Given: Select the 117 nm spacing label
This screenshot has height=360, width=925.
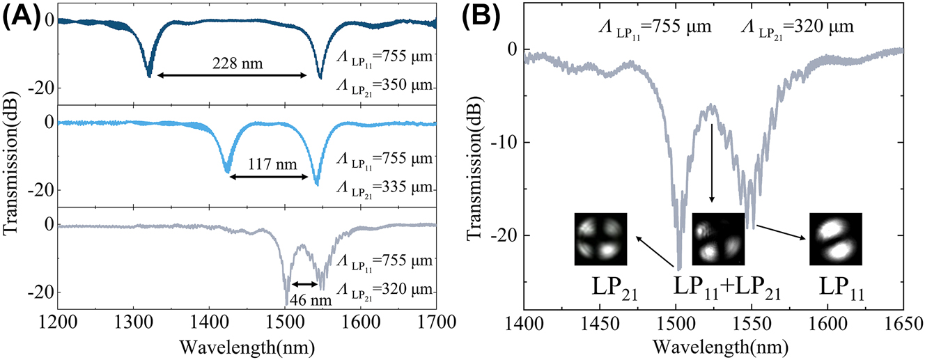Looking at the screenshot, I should (268, 166).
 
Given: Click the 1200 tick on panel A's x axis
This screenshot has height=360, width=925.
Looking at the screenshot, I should (57, 322).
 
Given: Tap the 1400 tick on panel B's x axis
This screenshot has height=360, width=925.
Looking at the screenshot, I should (524, 323).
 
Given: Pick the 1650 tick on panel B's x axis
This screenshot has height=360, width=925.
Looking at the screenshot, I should (903, 323).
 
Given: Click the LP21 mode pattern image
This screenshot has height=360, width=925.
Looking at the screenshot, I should (601, 239).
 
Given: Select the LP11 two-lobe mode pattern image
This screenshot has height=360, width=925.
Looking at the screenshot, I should (835, 239).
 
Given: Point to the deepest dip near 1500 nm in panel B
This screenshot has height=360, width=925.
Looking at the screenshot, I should (678, 269).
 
